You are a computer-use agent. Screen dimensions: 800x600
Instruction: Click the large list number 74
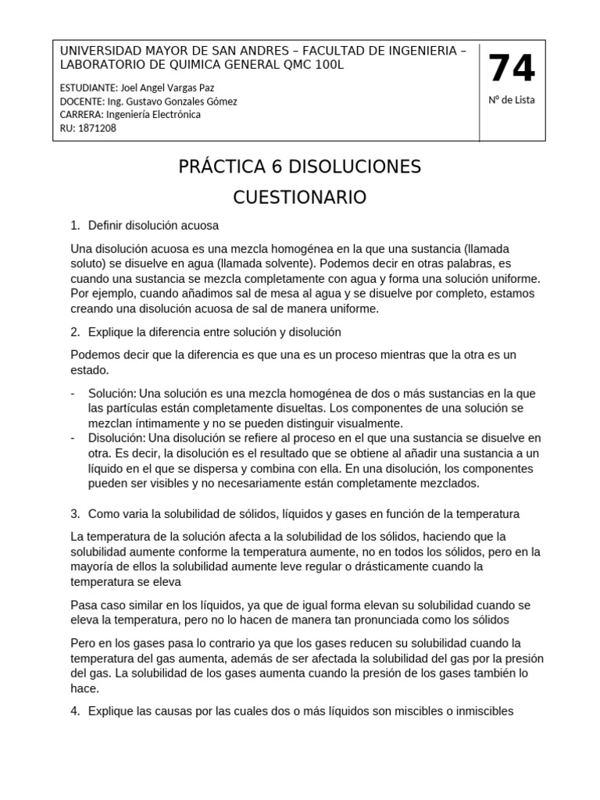[x=512, y=69]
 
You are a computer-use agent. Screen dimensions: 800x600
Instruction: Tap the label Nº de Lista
[x=512, y=101]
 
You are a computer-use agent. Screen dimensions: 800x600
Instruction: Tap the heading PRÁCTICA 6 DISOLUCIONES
[x=299, y=166]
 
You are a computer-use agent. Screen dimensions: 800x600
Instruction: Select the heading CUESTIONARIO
[x=299, y=198]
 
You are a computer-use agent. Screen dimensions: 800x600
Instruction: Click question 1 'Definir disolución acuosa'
[x=148, y=226]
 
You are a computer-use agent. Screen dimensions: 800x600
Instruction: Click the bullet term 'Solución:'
[x=112, y=393]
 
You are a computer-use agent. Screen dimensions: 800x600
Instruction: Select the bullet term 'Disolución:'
[x=117, y=437]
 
